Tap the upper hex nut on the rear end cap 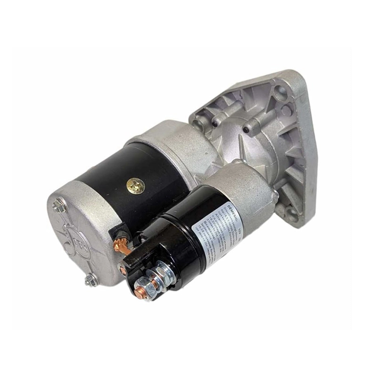click(x=59, y=205)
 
